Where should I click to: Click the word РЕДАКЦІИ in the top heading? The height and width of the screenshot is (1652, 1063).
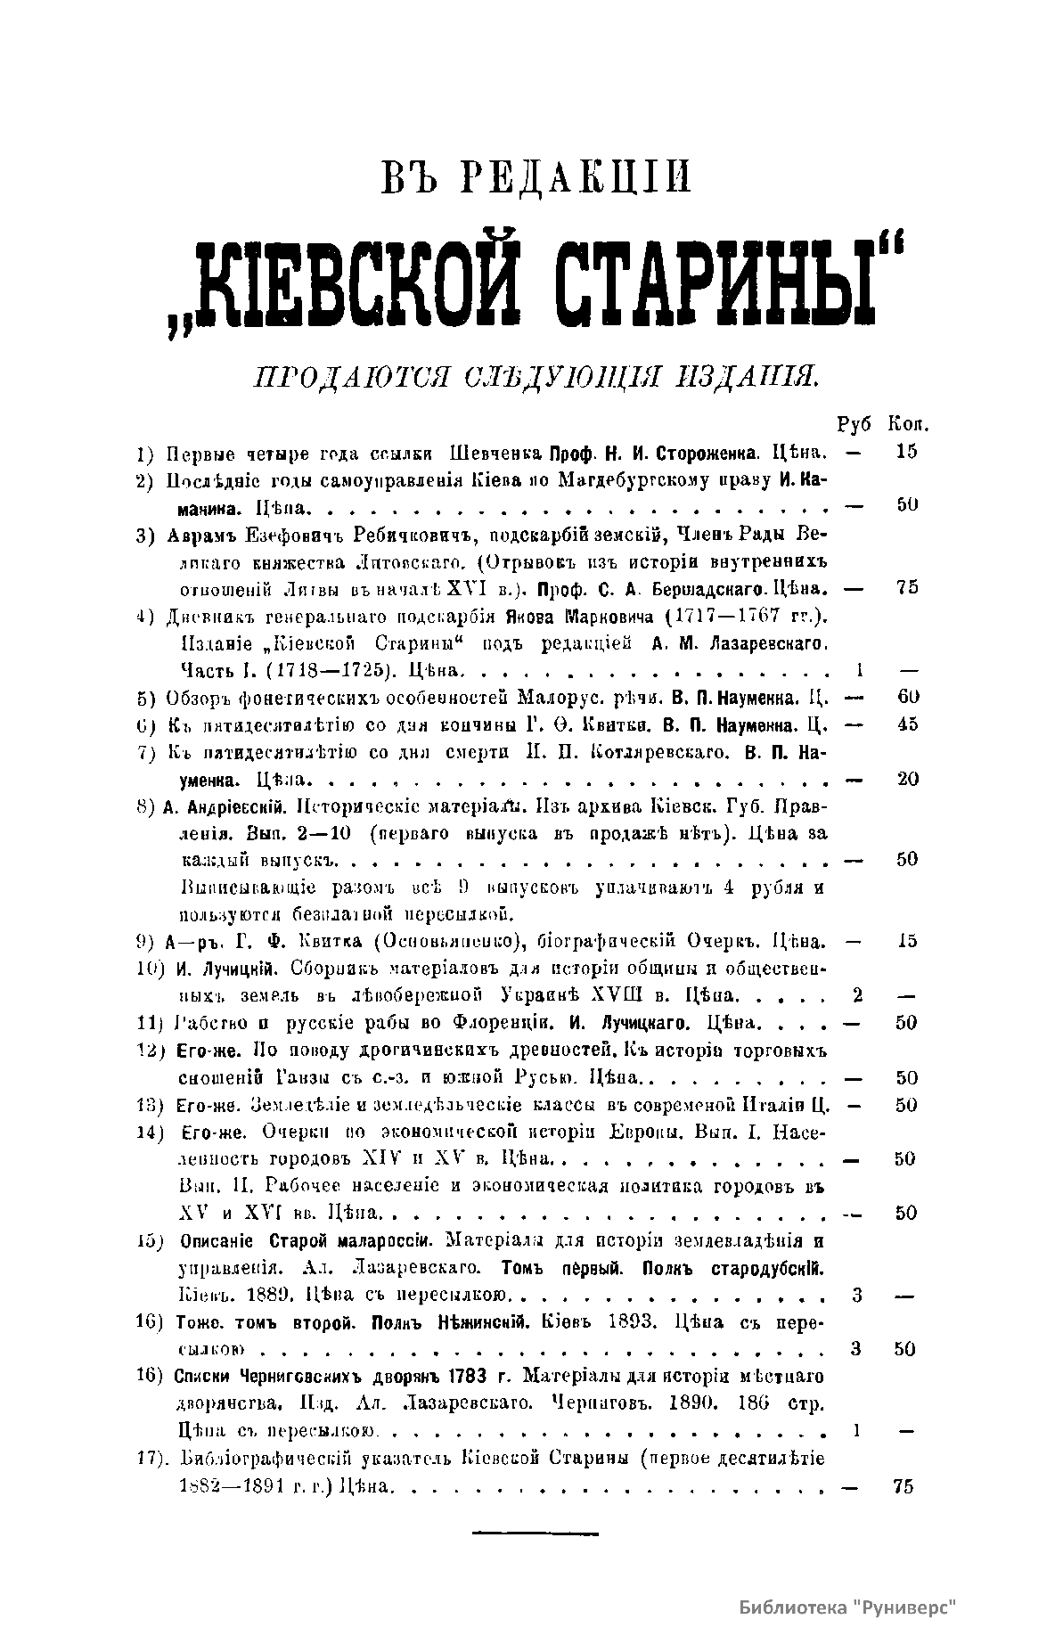coord(576,177)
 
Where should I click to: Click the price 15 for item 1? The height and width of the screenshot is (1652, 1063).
coord(906,451)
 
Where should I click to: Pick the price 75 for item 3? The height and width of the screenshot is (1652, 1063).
coord(907,587)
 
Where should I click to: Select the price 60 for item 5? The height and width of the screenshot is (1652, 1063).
coord(907,696)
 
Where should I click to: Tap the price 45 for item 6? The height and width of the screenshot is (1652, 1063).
coord(907,724)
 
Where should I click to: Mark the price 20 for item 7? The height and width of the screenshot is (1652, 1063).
coord(907,778)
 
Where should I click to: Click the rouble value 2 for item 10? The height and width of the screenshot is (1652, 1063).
coord(855,994)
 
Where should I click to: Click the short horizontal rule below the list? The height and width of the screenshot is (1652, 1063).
coord(535,1533)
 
